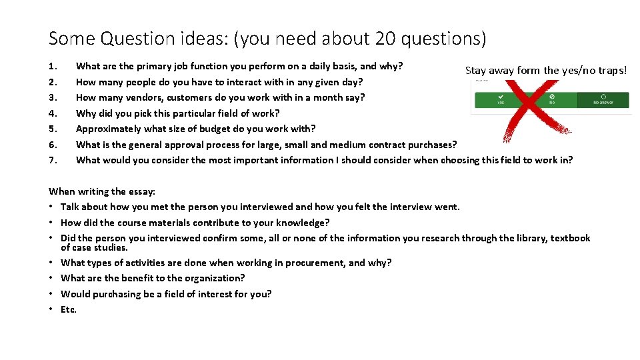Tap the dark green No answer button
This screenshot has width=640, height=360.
(x=603, y=99)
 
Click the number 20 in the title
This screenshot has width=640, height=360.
(x=386, y=39)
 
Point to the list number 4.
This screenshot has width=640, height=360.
(x=53, y=113)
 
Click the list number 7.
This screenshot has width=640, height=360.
(x=53, y=160)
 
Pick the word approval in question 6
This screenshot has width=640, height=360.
(x=184, y=145)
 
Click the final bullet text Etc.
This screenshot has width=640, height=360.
(x=69, y=309)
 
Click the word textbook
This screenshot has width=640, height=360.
(x=570, y=238)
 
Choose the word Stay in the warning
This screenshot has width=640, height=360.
(x=475, y=70)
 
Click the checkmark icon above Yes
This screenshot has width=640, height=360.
(x=500, y=95)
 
